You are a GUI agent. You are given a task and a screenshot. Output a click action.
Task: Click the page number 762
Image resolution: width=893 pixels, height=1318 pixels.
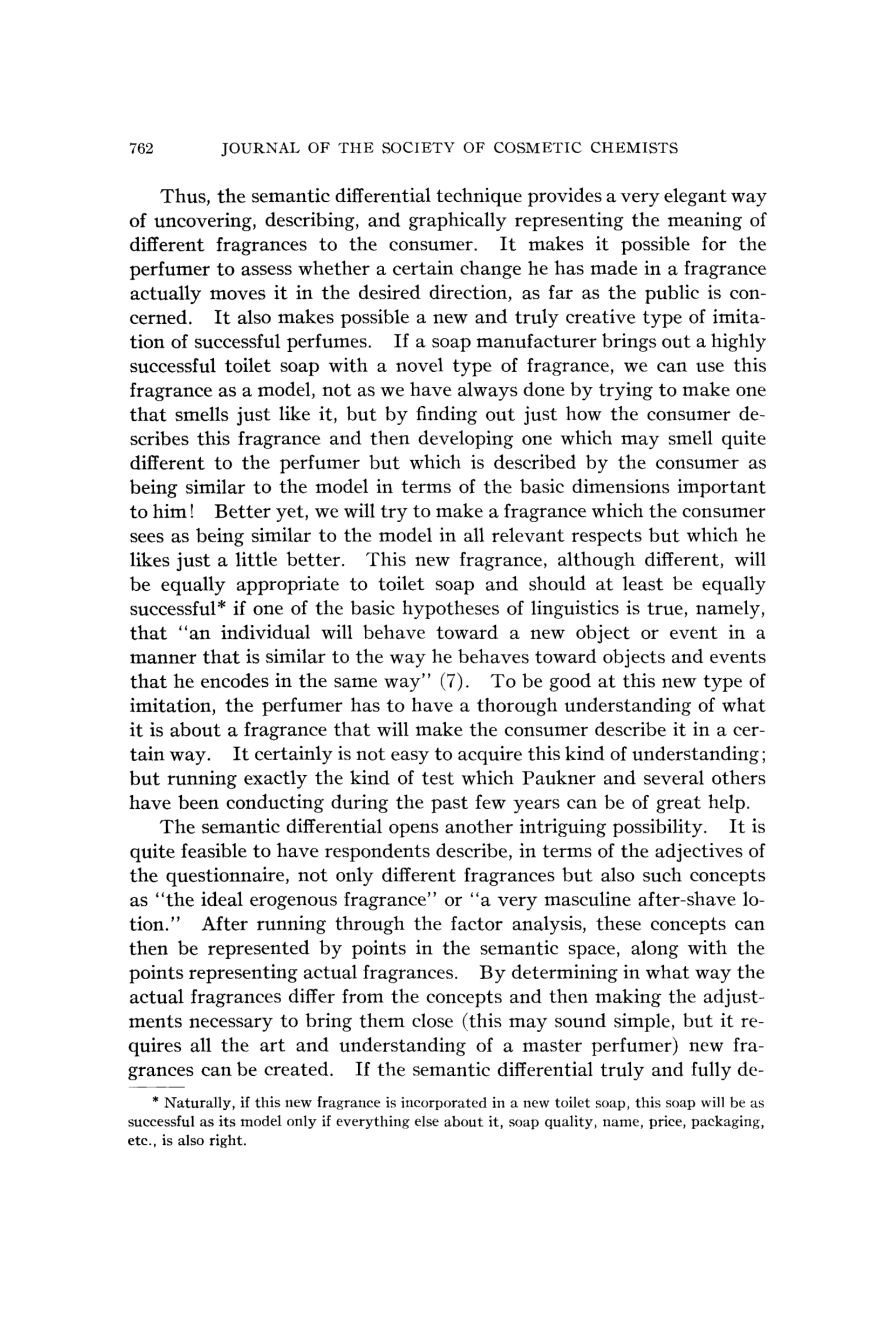[142, 148]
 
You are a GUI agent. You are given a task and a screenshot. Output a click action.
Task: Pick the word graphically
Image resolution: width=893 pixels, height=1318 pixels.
[457, 221]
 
